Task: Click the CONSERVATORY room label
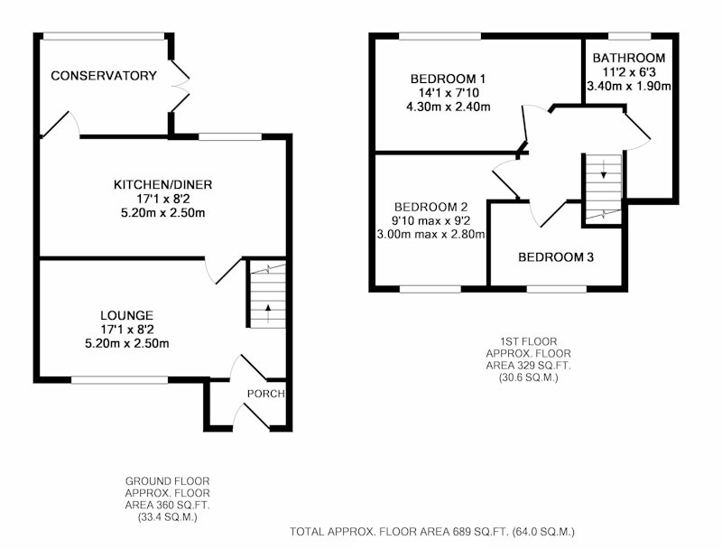(104, 76)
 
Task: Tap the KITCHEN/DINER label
(163, 185)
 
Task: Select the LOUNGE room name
(126, 315)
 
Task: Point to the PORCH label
(265, 394)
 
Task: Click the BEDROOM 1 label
(448, 79)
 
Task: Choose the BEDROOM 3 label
(556, 257)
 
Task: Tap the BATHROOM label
(629, 58)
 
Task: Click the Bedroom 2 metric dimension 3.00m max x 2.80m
(431, 235)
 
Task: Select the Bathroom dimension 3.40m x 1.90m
(629, 86)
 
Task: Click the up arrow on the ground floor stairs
(268, 313)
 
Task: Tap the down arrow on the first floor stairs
(604, 170)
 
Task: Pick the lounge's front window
(120, 379)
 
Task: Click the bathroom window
(629, 35)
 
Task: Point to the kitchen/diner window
(230, 136)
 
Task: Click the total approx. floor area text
(432, 532)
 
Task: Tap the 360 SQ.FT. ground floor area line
(167, 506)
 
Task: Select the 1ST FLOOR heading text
(529, 341)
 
